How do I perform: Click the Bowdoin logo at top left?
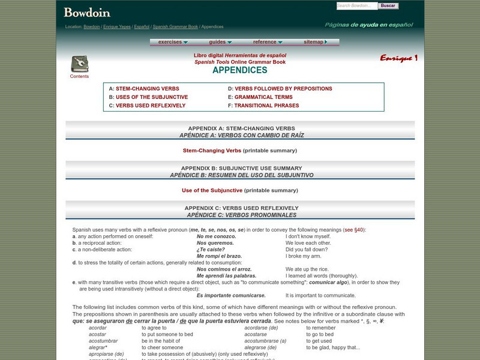(87, 11)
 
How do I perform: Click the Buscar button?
(388, 6)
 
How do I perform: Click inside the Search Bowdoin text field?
(356, 6)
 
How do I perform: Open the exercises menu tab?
(173, 42)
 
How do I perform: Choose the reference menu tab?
(268, 42)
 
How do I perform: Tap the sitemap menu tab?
(316, 42)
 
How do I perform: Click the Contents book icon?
(79, 64)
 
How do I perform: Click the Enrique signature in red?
(398, 58)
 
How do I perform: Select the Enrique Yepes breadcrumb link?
(116, 27)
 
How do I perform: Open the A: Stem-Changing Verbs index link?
(147, 89)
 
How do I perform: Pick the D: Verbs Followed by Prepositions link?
(283, 89)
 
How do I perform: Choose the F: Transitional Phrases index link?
(266, 106)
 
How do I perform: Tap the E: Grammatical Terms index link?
(263, 97)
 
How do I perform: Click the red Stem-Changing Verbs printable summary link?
(212, 151)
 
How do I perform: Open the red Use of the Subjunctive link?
(212, 190)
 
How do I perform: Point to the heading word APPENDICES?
(240, 70)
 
